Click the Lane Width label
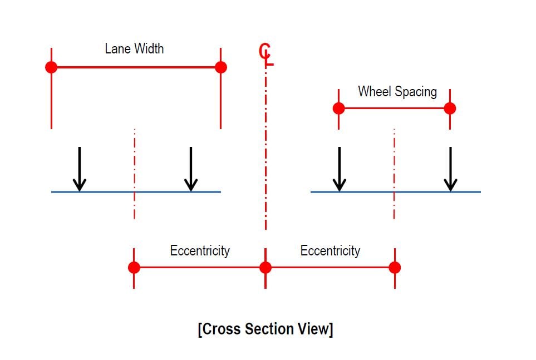pyautogui.click(x=134, y=49)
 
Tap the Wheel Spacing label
pyautogui.click(x=397, y=91)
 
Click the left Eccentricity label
pyautogui.click(x=200, y=250)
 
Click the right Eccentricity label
pyautogui.click(x=330, y=250)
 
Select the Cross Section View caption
pyautogui.click(x=265, y=329)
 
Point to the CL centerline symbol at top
pyautogui.click(x=266, y=53)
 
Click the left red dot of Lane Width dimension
pyautogui.click(x=51, y=67)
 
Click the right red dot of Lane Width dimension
pyautogui.click(x=221, y=67)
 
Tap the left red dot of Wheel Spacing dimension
pyautogui.click(x=338, y=108)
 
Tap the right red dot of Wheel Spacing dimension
pyautogui.click(x=450, y=108)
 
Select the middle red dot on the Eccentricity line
pyautogui.click(x=265, y=268)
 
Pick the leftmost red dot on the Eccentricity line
pyautogui.click(x=134, y=268)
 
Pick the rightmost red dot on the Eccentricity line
pyautogui.click(x=395, y=268)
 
